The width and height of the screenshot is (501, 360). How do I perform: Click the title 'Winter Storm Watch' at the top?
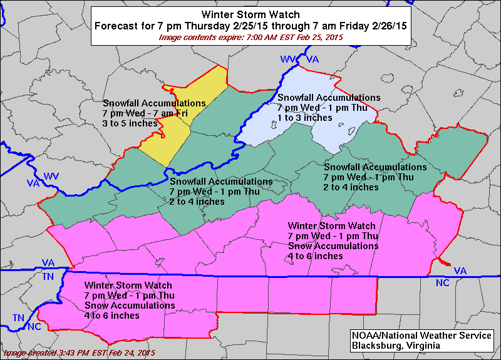coord(250,14)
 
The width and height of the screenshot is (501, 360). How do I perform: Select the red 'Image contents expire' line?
coord(250,38)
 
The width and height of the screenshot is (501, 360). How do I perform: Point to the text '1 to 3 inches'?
coord(304,118)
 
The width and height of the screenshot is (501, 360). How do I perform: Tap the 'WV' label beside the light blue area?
coord(288,59)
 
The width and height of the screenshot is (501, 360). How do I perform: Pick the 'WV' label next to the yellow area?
coord(51,178)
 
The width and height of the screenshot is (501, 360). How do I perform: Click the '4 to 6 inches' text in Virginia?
coord(315,256)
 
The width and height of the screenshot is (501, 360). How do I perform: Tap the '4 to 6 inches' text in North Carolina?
coord(111,316)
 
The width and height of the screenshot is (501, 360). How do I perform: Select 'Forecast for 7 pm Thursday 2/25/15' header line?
coord(250,26)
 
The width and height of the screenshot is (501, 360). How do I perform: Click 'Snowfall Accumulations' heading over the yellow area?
coord(154,103)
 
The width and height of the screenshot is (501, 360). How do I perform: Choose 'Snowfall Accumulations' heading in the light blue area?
coord(328,98)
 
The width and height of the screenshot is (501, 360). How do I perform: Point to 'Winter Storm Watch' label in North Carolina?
coord(128,285)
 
